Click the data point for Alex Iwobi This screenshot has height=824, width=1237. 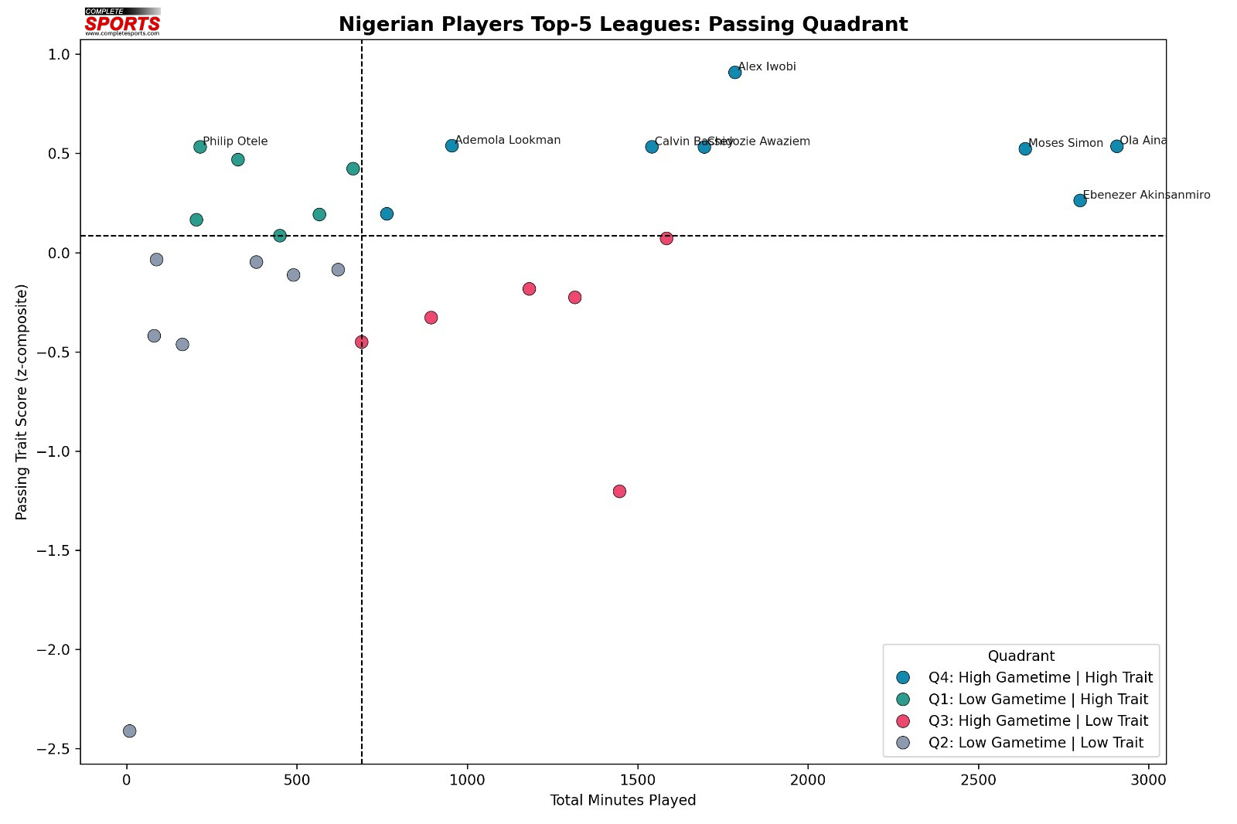pos(734,73)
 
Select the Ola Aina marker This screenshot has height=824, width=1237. pos(1116,146)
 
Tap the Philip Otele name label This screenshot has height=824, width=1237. pos(235,141)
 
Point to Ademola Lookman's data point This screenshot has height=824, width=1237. pos(452,145)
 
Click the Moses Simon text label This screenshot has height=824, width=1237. pos(1065,143)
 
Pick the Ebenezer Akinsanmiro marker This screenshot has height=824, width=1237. pos(1080,200)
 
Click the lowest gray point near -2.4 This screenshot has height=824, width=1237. pos(129,730)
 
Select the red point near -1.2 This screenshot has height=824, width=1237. pos(619,492)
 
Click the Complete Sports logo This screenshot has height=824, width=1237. pos(122,22)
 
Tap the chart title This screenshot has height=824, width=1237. pos(623,25)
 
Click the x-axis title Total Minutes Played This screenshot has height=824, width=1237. pos(623,801)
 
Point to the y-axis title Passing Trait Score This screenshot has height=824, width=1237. pos(22,402)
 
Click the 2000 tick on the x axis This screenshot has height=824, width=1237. pos(808,781)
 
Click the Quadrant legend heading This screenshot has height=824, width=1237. pos(1021,656)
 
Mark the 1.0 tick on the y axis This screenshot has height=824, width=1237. pos(60,55)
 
